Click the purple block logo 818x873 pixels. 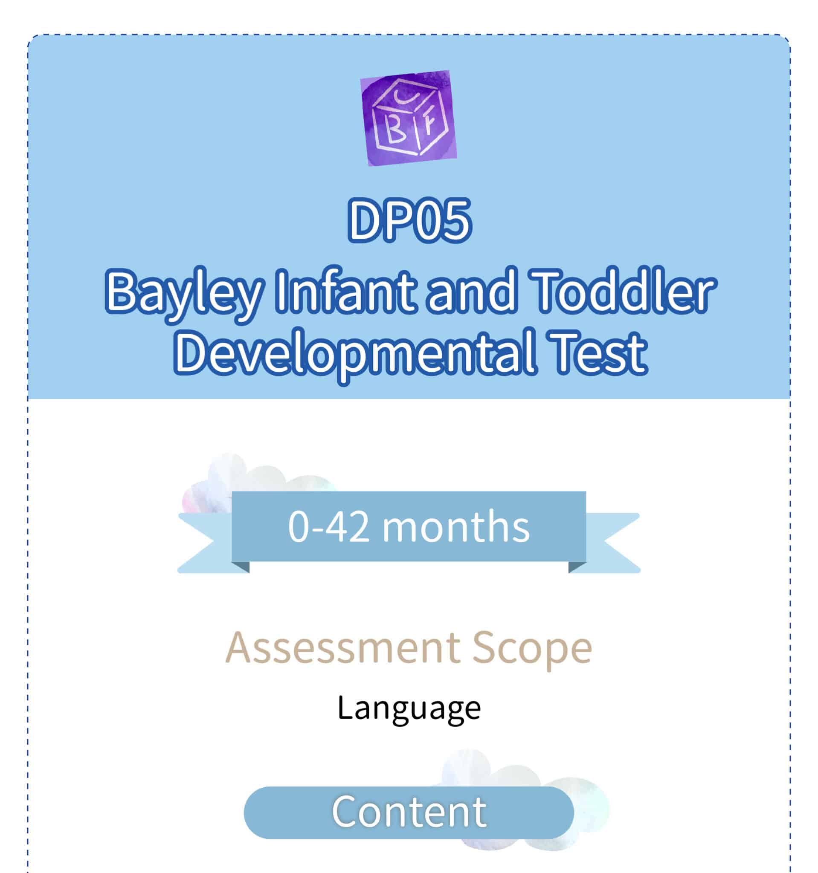[x=409, y=118]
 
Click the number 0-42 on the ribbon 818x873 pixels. [x=328, y=527]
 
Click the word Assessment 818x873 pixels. [x=343, y=647]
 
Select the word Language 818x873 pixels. [x=409, y=708]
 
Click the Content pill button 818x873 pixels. [x=409, y=812]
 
